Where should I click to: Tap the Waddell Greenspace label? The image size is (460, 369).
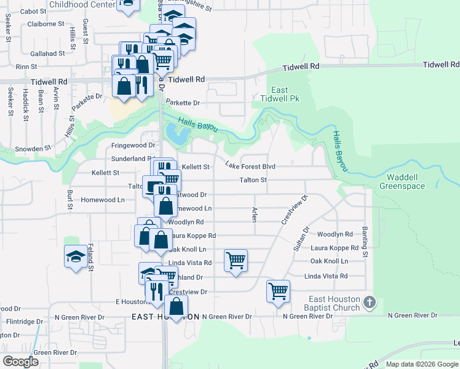point(402,181)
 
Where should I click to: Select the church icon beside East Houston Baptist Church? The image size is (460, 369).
point(369,302)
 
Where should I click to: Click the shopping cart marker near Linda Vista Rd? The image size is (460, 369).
point(236,261)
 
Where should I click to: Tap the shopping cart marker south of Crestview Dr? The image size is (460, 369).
point(278,291)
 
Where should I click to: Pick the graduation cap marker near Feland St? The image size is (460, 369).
point(76,256)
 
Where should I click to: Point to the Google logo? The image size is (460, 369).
point(21,362)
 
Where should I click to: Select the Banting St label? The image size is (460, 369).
point(365,242)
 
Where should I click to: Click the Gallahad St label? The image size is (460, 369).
point(46,54)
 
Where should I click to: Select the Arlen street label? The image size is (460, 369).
point(254,214)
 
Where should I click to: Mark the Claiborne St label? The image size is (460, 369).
point(46,25)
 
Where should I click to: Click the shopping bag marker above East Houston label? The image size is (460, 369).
point(176,307)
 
